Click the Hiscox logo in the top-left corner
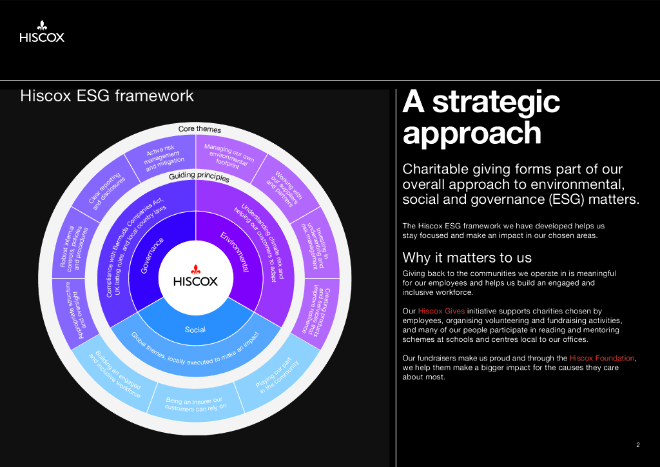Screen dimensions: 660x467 (x=42, y=32)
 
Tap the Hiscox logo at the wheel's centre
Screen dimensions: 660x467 (x=195, y=277)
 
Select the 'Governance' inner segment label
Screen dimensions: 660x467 (x=152, y=255)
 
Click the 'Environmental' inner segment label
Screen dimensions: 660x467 (x=235, y=252)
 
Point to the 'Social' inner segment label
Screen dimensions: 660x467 (x=195, y=330)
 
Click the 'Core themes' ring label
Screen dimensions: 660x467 (x=200, y=129)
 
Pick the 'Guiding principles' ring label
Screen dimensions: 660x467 (x=199, y=177)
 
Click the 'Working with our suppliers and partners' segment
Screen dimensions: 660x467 (x=285, y=188)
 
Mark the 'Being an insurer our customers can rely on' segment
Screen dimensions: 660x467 (x=195, y=403)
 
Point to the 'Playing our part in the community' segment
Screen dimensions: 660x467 (x=278, y=375)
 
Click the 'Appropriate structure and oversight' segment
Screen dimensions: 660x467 (x=76, y=311)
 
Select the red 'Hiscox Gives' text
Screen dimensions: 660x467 (x=441, y=311)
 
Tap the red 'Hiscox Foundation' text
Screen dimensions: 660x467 (x=602, y=358)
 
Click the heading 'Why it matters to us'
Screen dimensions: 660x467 (x=467, y=257)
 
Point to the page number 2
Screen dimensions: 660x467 (x=638, y=444)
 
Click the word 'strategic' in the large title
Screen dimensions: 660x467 (x=496, y=103)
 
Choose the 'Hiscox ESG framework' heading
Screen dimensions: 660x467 (x=107, y=95)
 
